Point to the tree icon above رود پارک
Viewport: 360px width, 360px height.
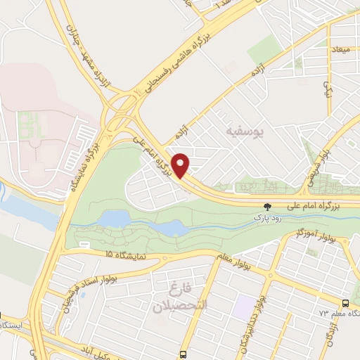(266, 207)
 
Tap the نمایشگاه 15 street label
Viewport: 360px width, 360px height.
(119, 255)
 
